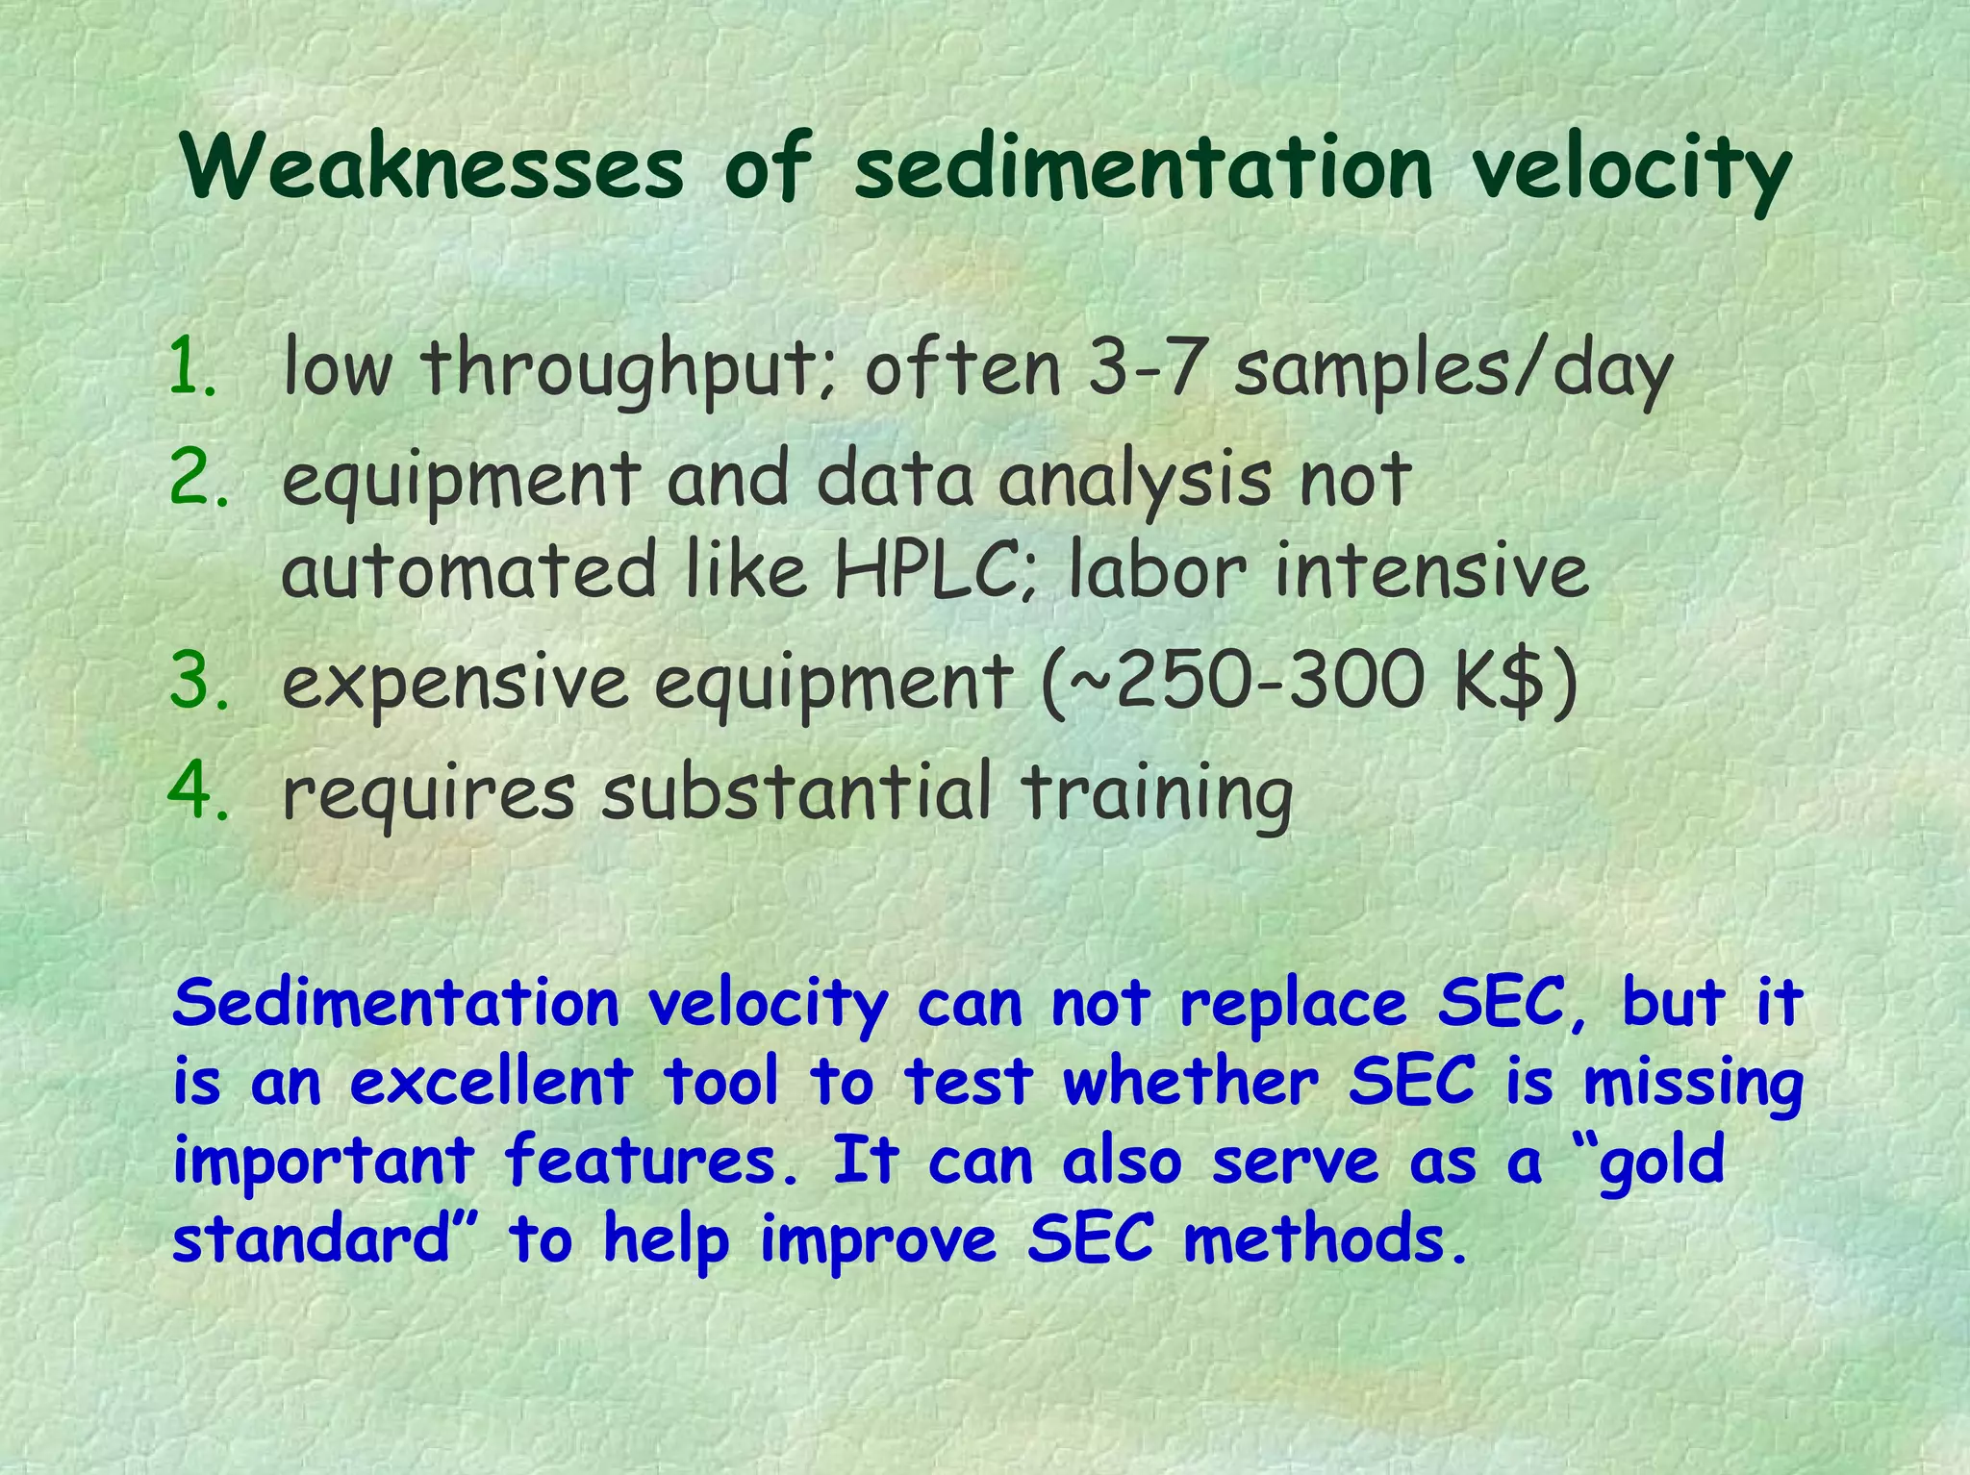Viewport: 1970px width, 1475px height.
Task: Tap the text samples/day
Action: (1452, 370)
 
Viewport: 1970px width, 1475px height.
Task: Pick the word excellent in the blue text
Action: (491, 1083)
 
